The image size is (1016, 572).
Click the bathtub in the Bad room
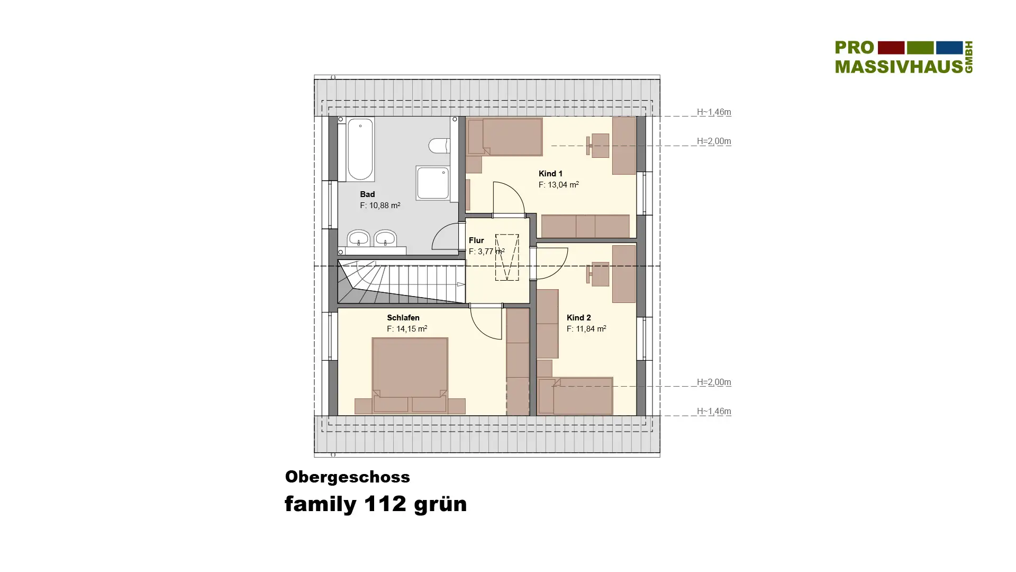360,149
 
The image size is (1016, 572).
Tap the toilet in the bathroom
439,146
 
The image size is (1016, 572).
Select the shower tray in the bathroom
433,183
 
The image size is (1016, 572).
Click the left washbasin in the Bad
359,238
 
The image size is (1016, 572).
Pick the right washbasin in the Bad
385,238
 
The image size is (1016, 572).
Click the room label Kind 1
550,174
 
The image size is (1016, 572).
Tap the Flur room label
476,240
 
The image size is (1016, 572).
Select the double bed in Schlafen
410,375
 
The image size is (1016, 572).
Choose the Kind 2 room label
578,318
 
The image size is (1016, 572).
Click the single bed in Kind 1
505,137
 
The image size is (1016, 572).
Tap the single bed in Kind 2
576,396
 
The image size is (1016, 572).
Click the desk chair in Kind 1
598,146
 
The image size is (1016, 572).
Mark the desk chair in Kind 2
598,274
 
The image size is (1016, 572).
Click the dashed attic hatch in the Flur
507,257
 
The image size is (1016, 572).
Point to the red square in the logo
891,48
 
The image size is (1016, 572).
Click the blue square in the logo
949,48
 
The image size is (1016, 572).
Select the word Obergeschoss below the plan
348,477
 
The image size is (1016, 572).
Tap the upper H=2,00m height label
714,141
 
